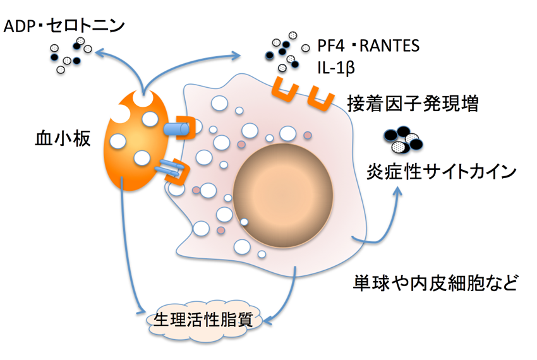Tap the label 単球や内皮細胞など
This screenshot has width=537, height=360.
(435, 281)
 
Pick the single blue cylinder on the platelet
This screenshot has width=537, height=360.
(176, 129)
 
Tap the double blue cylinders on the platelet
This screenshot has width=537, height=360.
(169, 168)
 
